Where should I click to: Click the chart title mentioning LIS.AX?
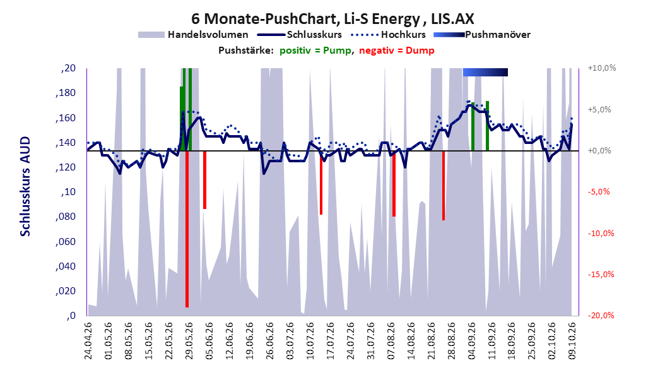tap(332, 19)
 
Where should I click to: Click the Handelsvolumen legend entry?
tap(194, 35)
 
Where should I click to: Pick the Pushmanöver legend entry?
tap(482, 35)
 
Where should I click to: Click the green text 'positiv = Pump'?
tap(315, 51)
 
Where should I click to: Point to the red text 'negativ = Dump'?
tap(397, 51)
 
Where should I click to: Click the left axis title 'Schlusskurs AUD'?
tap(25, 186)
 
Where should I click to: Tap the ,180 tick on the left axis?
tap(66, 93)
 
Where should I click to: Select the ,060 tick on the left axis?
tap(66, 242)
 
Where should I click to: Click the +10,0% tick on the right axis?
tap(602, 68)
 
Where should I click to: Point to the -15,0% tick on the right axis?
tap(601, 275)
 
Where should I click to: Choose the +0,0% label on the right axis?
tap(599, 151)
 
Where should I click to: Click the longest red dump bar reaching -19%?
tap(187, 229)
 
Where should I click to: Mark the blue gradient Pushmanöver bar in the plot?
tap(485, 72)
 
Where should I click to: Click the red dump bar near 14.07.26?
tap(321, 182)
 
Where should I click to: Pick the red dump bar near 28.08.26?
tap(444, 186)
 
